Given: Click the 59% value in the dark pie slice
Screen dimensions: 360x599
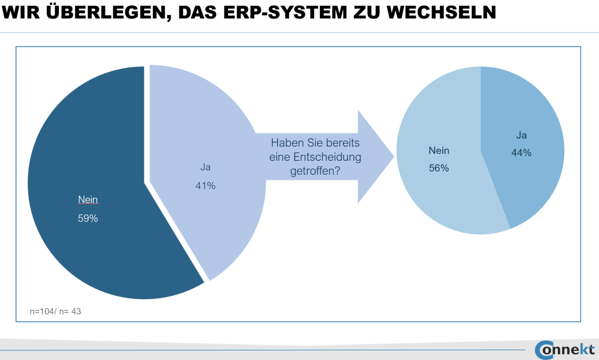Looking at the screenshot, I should tap(87, 218).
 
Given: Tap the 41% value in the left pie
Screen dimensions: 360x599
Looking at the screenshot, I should tap(205, 186).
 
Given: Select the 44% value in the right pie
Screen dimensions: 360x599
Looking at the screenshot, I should tap(521, 153).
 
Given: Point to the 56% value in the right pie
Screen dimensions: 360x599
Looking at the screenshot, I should tap(439, 168).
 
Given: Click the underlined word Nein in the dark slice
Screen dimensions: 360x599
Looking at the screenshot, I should tap(88, 200).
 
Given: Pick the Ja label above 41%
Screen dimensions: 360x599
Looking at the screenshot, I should tap(205, 168).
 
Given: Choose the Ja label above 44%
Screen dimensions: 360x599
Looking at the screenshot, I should tap(521, 135).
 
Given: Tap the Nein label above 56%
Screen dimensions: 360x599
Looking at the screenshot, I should tap(439, 150).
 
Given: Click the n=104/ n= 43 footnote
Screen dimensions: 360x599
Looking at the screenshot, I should tap(55, 312).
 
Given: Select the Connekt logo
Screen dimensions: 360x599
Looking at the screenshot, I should tap(565, 349).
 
